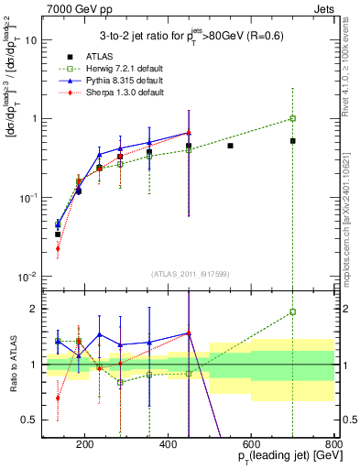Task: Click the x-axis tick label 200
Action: click(x=85, y=447)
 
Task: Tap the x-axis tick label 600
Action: click(x=251, y=447)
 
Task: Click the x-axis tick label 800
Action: click(x=333, y=447)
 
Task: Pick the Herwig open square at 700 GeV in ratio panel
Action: click(x=292, y=312)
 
